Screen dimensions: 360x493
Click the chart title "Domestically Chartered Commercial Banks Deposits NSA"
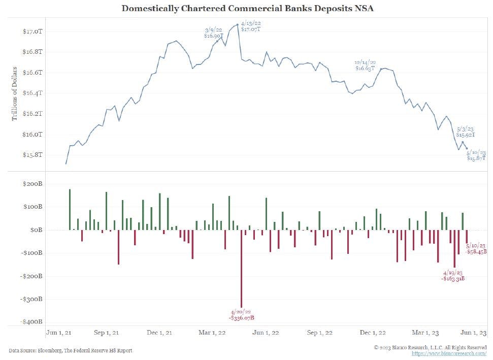tap(246, 9)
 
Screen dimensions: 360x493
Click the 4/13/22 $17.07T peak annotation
tap(251, 26)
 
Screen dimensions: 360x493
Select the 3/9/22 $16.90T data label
tap(213, 34)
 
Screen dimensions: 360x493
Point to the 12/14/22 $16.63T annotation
tap(365, 65)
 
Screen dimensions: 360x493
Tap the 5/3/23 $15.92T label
tap(466, 133)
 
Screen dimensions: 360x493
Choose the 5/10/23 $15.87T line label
tap(476, 155)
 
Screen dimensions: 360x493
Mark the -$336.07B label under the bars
tap(241, 315)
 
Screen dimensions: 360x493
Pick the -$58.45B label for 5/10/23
tap(476, 248)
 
